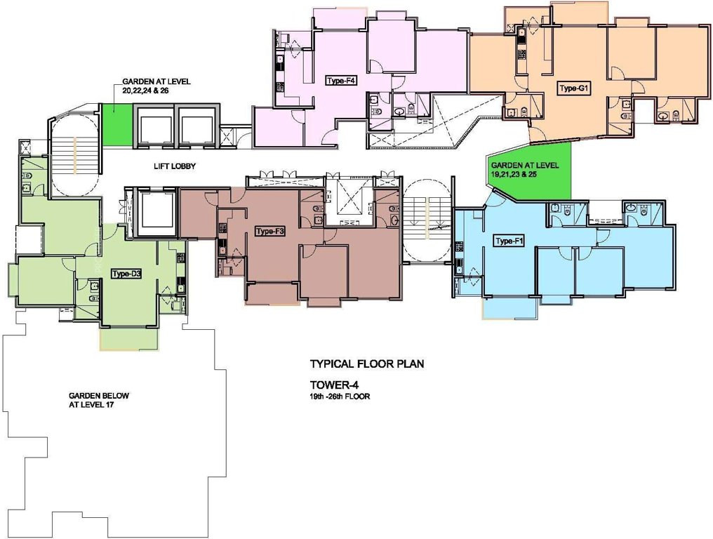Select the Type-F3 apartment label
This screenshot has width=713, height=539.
click(x=270, y=232)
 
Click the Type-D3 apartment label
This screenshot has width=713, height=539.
click(x=127, y=274)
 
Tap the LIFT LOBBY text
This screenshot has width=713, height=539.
click(x=175, y=166)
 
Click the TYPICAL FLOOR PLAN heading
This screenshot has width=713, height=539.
click(x=367, y=364)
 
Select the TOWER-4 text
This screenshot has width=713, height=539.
click(x=333, y=385)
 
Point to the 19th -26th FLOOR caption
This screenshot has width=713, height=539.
click(x=340, y=397)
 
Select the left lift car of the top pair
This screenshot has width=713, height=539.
click(x=154, y=126)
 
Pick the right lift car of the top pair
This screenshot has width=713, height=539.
click(x=196, y=126)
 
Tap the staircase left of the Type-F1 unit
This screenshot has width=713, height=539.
click(x=428, y=218)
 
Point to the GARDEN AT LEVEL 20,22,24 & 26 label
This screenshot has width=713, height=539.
click(x=146, y=86)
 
